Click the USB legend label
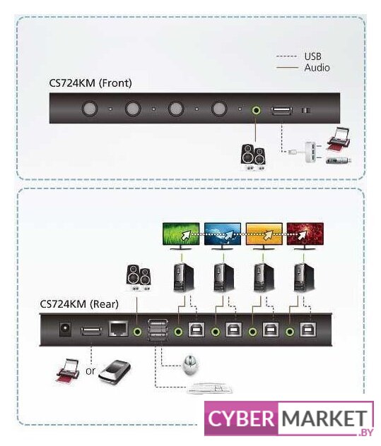pos(312,56)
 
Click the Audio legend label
pos(317,68)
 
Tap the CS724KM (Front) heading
pos(90,83)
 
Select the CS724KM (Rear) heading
pos(79,304)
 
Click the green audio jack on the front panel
pos(256,110)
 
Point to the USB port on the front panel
pos(282,110)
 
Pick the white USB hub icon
pos(311,152)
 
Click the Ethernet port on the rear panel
pos(118,330)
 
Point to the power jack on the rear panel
pos(65,330)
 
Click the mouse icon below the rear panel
pos(190,365)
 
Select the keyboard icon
pos(210,388)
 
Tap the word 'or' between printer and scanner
pos(90,371)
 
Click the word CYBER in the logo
pos(240,418)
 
